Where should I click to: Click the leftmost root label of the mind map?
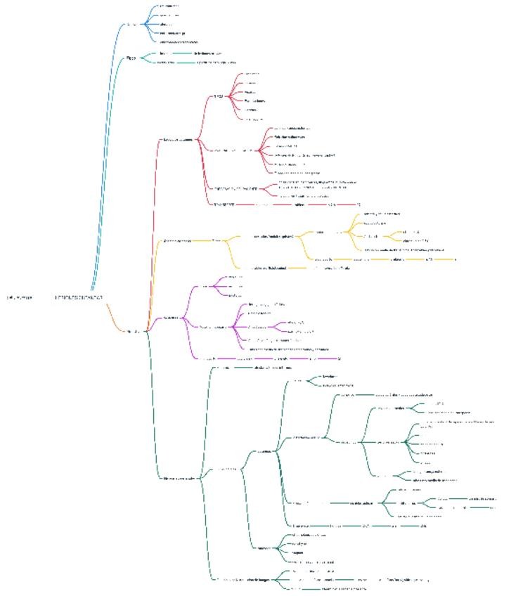[19, 297]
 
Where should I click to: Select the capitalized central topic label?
[79, 297]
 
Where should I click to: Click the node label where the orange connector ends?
[133, 331]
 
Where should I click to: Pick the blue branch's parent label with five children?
[131, 25]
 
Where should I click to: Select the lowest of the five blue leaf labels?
[179, 41]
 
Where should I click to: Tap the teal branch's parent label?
[131, 58]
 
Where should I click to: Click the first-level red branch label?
[176, 140]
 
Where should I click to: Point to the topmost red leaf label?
[251, 74]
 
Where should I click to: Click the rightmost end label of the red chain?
[359, 205]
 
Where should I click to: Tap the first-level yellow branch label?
[176, 240]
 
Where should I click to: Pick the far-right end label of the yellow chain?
[456, 259]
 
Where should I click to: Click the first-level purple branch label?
[169, 318]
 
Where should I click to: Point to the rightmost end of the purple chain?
[340, 358]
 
